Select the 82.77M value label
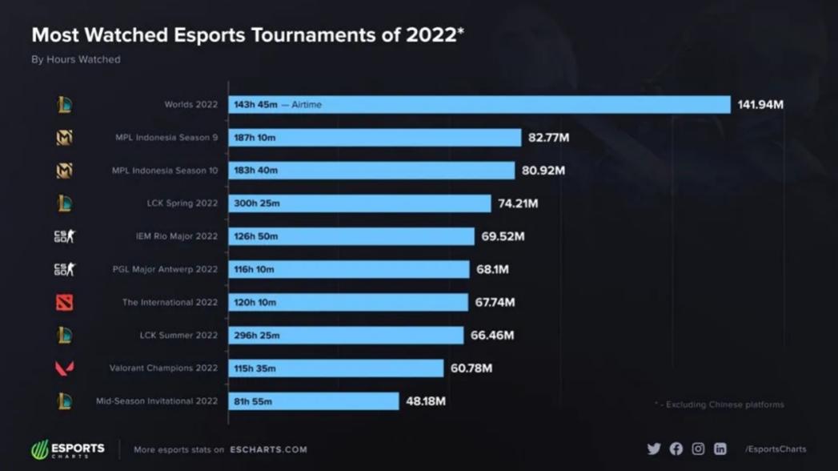tap(548, 138)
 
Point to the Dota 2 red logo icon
tap(65, 302)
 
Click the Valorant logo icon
tap(65, 368)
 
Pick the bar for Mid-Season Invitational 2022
tap(314, 401)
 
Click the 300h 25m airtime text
tap(257, 203)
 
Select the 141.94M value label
tap(760, 105)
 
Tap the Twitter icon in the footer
tap(654, 449)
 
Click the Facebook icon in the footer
tap(676, 449)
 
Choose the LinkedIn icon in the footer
tap(720, 449)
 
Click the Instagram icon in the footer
tap(698, 449)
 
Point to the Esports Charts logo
tap(68, 449)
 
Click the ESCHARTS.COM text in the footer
tap(268, 449)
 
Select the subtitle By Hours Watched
tap(75, 59)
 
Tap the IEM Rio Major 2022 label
tap(176, 236)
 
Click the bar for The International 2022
tap(348, 302)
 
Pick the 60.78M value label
tap(471, 368)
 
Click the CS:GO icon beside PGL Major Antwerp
tap(65, 269)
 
